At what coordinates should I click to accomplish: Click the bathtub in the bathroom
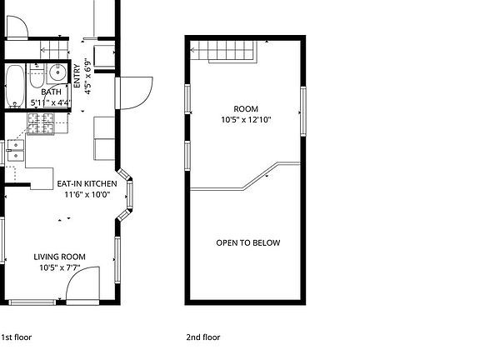pyautogui.click(x=14, y=86)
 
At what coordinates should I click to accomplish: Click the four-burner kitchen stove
pyautogui.click(x=38, y=125)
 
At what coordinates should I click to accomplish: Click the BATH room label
pyautogui.click(x=51, y=92)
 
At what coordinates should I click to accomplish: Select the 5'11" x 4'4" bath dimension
pyautogui.click(x=51, y=103)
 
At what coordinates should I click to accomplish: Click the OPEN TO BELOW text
pyautogui.click(x=248, y=243)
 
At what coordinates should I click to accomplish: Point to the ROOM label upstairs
pyautogui.click(x=246, y=109)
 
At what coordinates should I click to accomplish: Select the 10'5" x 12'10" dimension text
pyautogui.click(x=246, y=120)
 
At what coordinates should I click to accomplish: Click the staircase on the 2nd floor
pyautogui.click(x=224, y=52)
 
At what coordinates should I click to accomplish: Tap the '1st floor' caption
pyautogui.click(x=17, y=337)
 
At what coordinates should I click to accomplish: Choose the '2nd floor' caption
pyautogui.click(x=203, y=337)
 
